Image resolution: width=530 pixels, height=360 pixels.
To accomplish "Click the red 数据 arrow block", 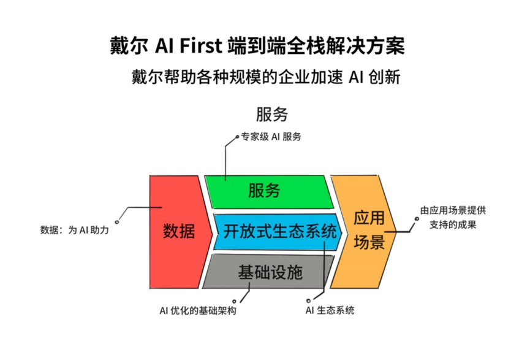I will click(178, 232).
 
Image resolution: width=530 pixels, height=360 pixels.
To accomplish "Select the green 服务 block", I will click(265, 190).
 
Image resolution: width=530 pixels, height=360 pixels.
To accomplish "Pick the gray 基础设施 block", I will click(270, 272).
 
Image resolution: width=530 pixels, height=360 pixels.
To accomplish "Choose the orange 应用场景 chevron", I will click(369, 232).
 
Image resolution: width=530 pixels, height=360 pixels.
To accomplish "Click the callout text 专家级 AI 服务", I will click(271, 137).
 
